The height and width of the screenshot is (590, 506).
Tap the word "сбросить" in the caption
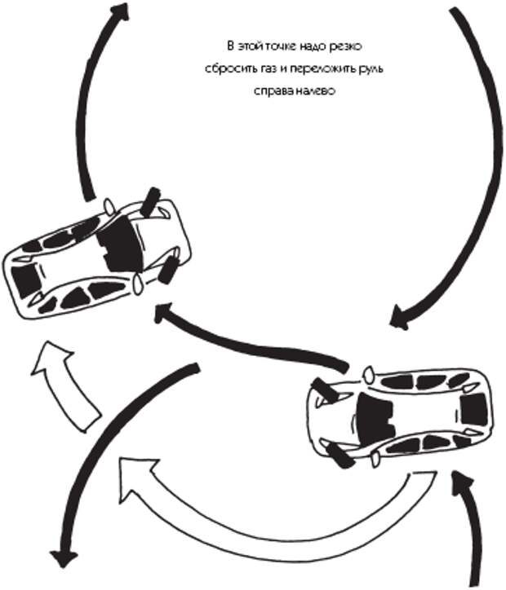(228, 69)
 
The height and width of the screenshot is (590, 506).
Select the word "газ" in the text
(267, 69)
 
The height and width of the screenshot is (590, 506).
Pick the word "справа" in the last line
(271, 91)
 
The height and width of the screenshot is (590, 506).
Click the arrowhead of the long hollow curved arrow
(131, 471)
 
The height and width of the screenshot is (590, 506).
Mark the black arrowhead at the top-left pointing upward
(119, 12)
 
